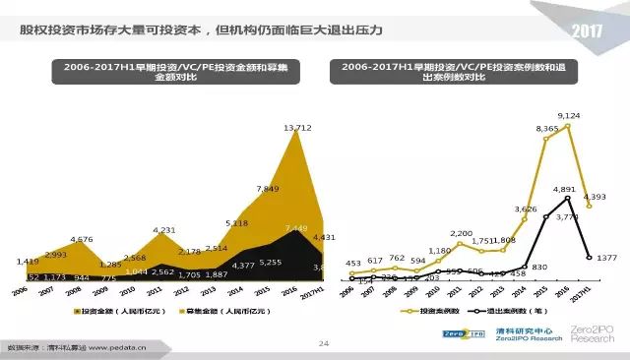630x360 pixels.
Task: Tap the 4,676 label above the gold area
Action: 82,239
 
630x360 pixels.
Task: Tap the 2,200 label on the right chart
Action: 463,233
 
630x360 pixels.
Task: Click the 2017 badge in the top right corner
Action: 593,30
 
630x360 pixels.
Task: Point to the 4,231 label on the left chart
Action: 164,230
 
